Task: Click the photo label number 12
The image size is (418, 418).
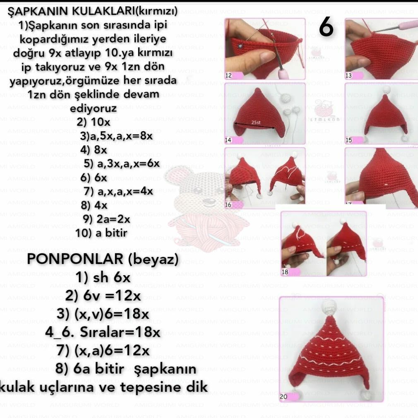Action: (228, 76)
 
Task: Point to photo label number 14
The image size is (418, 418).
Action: (228, 140)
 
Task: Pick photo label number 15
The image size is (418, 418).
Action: (349, 140)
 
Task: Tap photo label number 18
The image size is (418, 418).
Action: (285, 272)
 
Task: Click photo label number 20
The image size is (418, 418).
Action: (283, 396)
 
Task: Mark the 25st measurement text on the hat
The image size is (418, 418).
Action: (256, 123)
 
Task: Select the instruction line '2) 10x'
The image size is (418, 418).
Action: (94, 123)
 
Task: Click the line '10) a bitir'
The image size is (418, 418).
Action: (101, 233)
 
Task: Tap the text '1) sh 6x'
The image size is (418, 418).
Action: (103, 278)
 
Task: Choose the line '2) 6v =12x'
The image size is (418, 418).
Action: (103, 296)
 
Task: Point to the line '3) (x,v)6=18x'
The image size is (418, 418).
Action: (103, 314)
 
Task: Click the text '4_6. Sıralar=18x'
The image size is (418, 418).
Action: (103, 332)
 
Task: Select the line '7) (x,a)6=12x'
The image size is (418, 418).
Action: (103, 351)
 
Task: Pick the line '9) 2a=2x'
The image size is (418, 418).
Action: (107, 219)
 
